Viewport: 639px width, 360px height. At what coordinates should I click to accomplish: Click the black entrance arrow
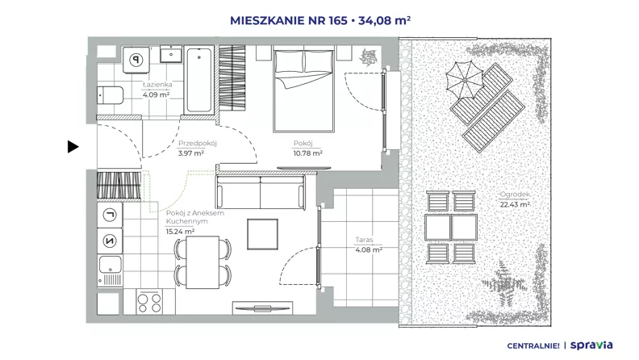coord(73,147)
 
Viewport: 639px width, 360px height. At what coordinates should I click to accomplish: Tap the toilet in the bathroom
coord(110,95)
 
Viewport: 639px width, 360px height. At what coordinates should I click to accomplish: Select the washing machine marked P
coord(136,60)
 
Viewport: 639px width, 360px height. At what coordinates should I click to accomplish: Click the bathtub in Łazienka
coord(198,79)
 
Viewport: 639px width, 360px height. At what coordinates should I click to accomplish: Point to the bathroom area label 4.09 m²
coord(156,95)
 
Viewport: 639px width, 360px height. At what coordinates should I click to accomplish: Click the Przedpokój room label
coord(198,144)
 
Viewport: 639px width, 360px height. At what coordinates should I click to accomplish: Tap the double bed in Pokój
coord(303,90)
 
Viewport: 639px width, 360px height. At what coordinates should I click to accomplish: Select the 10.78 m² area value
coord(307,153)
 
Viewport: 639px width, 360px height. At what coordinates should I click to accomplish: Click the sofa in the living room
coord(261,191)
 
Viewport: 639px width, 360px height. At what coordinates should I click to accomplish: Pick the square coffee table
coord(262,234)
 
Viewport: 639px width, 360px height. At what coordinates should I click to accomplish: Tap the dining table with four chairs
coord(203,262)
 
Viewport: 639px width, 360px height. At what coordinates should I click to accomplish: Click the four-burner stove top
coord(149,303)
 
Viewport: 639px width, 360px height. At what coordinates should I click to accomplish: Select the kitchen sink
coord(110,270)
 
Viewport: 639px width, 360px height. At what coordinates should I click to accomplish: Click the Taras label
coord(364,241)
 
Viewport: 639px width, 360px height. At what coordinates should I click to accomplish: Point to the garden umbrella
coord(465,81)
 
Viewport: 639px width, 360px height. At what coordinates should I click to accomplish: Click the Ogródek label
coord(515,195)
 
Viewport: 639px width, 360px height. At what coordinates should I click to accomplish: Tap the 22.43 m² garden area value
coord(515,204)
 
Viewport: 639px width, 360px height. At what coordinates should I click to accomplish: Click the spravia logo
coord(591,345)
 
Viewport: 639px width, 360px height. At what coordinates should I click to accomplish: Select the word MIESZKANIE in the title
coord(268,20)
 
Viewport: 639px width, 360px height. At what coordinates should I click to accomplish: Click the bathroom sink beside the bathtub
coord(171,54)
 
